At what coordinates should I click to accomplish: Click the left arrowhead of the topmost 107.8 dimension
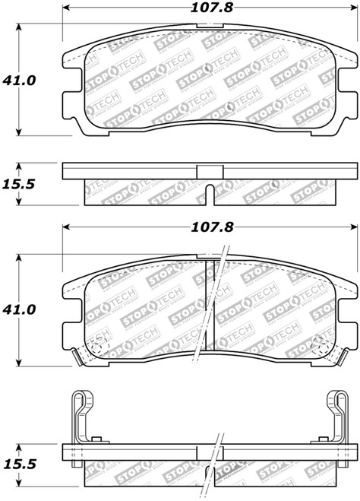click(x=66, y=10)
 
